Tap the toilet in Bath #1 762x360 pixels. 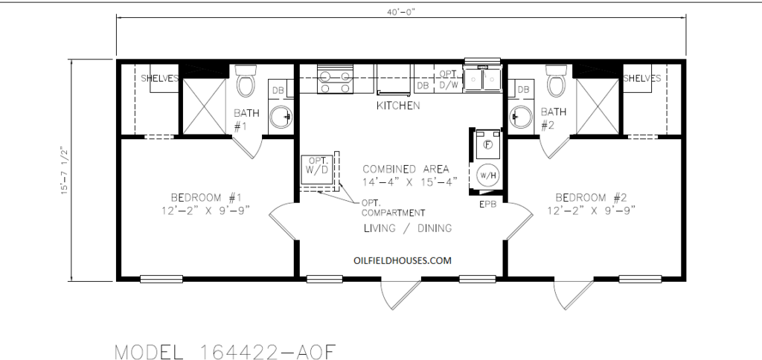(x=246, y=81)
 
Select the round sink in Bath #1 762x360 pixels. (x=281, y=116)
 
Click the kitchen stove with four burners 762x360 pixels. (x=334, y=80)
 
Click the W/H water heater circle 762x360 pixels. (x=487, y=176)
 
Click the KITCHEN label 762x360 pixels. (x=398, y=106)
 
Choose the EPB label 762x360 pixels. (x=487, y=202)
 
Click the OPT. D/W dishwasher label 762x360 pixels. (x=448, y=79)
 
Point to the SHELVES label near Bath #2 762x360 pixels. (x=642, y=78)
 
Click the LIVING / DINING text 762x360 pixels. (x=407, y=228)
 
